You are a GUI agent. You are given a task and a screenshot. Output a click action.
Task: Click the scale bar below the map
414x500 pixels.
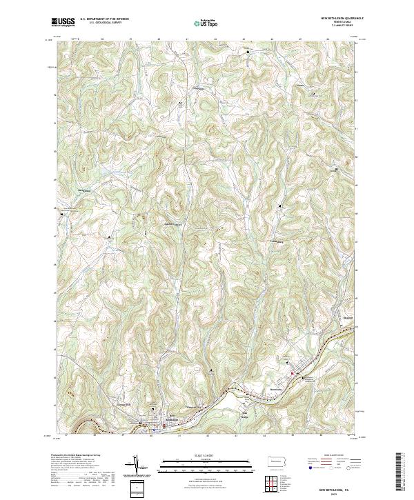206,463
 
